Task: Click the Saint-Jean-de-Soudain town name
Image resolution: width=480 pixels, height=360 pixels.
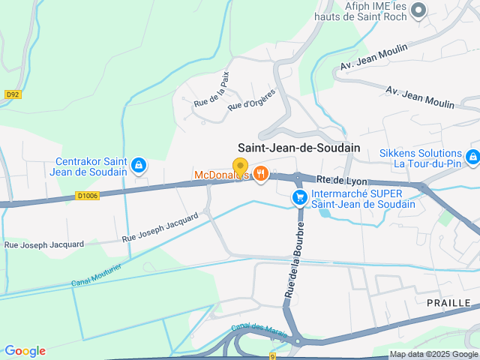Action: click(298, 148)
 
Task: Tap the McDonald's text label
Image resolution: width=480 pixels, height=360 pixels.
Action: click(220, 175)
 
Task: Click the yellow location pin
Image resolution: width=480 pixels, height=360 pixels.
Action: click(240, 166)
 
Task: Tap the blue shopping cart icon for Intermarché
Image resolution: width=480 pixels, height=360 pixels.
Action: click(299, 197)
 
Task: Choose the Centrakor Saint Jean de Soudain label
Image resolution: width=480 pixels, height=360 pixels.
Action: click(91, 166)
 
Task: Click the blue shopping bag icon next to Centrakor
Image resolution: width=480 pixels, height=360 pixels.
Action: click(138, 165)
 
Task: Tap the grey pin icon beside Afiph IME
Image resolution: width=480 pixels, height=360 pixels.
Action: click(418, 10)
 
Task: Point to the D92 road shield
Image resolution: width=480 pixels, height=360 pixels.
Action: click(12, 94)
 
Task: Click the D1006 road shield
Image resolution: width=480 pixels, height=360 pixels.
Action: click(88, 196)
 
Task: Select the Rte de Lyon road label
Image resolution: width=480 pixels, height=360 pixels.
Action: click(341, 180)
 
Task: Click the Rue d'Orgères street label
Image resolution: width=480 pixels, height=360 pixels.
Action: click(251, 100)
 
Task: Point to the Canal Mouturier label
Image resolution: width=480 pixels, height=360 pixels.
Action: click(97, 275)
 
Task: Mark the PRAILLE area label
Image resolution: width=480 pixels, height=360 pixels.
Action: click(448, 302)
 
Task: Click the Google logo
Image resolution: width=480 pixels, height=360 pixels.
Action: click(25, 351)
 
